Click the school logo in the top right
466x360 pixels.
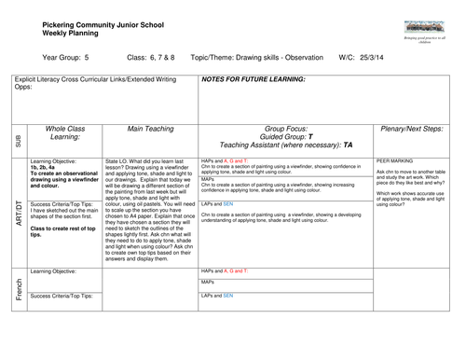point(424,29)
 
